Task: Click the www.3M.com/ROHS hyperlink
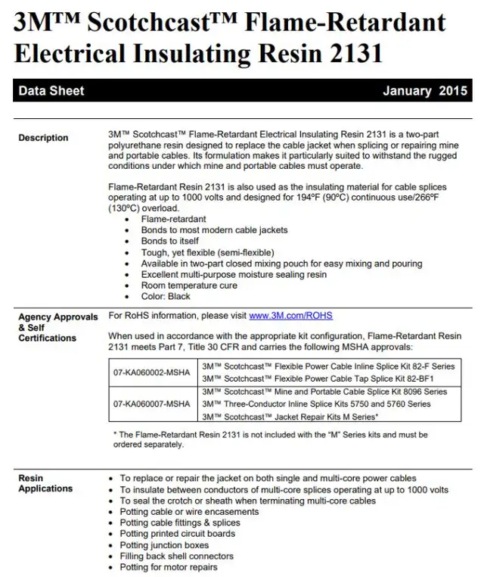pyautogui.click(x=290, y=316)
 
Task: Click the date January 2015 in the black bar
pyautogui.click(x=424, y=91)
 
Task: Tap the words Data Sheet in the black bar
pyautogui.click(x=51, y=91)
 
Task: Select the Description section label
pyautogui.click(x=43, y=138)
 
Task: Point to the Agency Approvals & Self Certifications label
pyautogui.click(x=57, y=327)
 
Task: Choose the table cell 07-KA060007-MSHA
pyautogui.click(x=152, y=404)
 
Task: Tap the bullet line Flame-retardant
pyautogui.click(x=173, y=219)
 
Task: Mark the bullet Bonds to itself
pyautogui.click(x=170, y=241)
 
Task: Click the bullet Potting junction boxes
pyautogui.click(x=164, y=545)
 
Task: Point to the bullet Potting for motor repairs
pyautogui.click(x=169, y=567)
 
